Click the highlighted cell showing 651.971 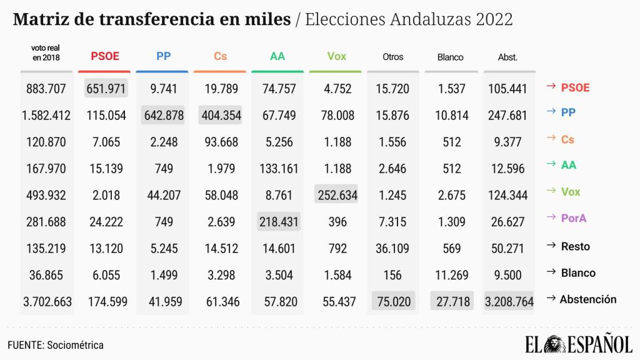(106, 89)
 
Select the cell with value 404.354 (221, 116)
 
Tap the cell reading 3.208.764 (509, 302)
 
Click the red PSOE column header (105, 57)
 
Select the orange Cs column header (220, 57)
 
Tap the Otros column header (392, 57)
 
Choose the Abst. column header (507, 57)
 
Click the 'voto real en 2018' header (46, 52)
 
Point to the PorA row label (574, 218)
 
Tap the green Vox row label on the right (570, 192)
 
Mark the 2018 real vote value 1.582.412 (46, 116)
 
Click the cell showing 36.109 (392, 248)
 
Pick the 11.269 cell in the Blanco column (450, 274)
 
